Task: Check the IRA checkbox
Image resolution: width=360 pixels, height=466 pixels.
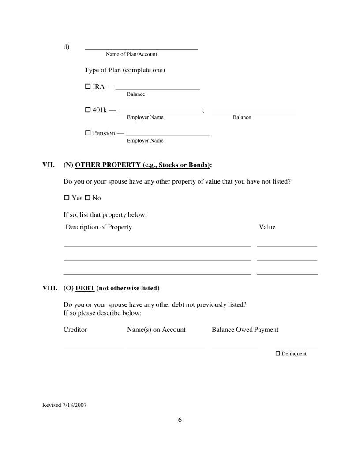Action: (x=87, y=86)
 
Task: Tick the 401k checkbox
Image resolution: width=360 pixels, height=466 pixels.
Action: (x=87, y=109)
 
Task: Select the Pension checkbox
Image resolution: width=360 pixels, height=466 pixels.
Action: (x=87, y=133)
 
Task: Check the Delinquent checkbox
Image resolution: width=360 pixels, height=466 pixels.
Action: (x=278, y=353)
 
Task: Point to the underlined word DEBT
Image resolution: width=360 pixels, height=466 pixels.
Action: (x=85, y=288)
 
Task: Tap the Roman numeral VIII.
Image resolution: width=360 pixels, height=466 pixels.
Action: (x=49, y=288)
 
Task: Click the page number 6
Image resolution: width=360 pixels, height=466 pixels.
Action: (x=180, y=420)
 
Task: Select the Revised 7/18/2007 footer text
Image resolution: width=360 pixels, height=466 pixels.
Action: (x=64, y=405)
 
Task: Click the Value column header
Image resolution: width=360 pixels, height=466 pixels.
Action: (x=267, y=227)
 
